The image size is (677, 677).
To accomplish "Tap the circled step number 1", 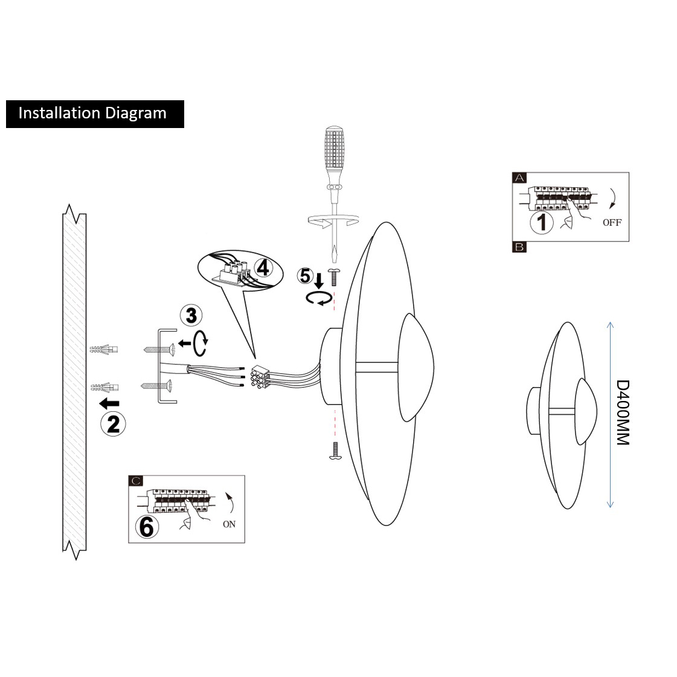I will [542, 222].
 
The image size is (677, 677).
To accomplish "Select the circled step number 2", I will [113, 423].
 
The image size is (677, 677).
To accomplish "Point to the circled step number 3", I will [191, 316].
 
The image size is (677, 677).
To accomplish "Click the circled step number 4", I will [261, 267].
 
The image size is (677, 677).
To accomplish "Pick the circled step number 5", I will [306, 275].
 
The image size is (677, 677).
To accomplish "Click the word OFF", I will [611, 222].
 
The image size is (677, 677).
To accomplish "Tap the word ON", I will [229, 524].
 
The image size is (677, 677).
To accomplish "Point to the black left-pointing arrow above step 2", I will [109, 403].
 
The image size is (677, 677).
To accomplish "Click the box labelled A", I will [519, 178].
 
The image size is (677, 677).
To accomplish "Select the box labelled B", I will [519, 246].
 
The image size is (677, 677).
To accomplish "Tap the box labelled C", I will [136, 481].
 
